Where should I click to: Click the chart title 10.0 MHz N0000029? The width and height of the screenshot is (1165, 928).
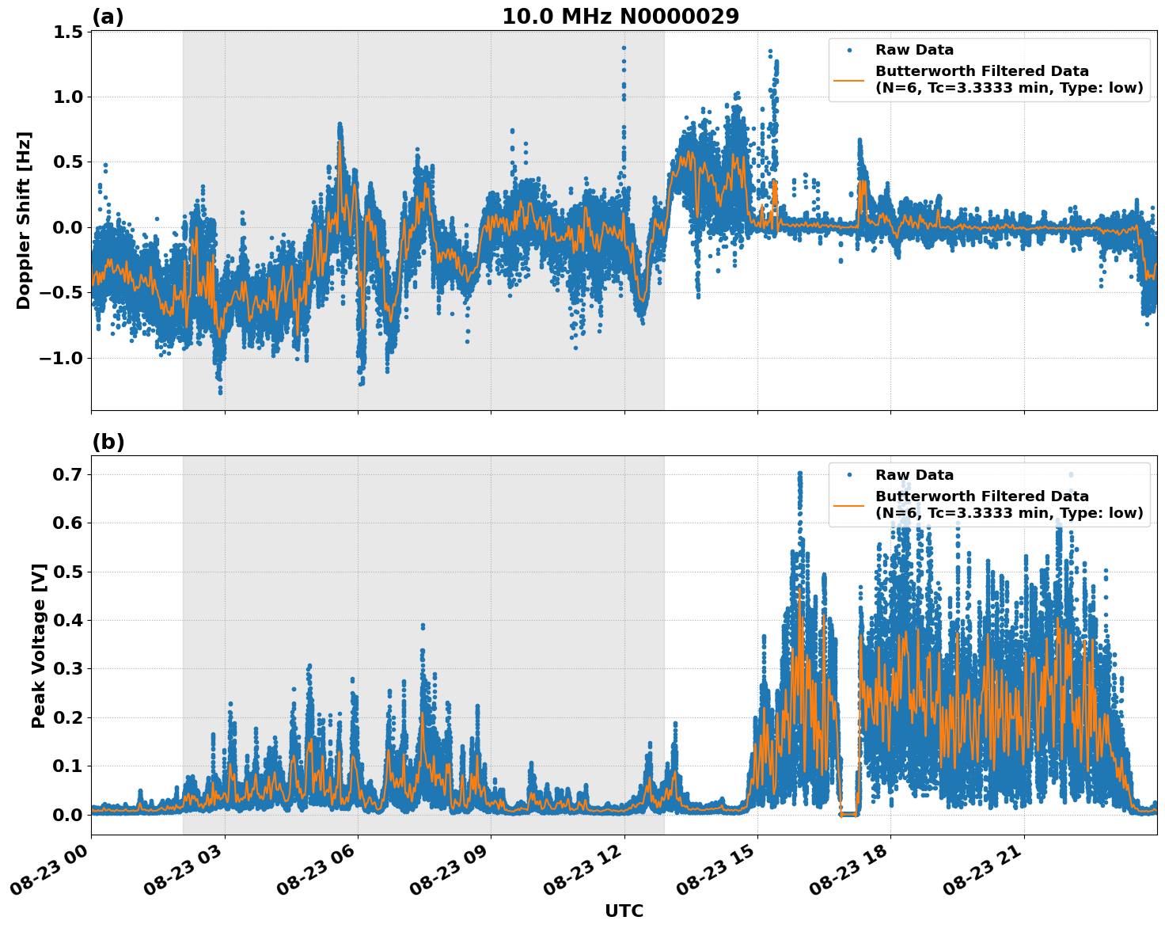(620, 17)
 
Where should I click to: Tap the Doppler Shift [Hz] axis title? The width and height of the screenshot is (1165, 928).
(24, 220)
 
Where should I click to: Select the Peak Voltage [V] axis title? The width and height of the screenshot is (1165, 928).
(39, 645)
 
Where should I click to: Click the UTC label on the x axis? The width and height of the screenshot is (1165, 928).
(624, 911)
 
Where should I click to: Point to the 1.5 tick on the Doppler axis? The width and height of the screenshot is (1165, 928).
(69, 32)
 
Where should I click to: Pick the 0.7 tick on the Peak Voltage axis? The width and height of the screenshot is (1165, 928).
(69, 474)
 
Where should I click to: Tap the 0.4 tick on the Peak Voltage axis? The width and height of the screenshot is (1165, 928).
(69, 620)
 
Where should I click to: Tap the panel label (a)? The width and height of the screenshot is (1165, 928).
(108, 17)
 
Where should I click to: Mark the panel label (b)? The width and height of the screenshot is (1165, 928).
(108, 442)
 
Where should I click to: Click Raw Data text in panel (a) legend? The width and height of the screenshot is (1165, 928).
(914, 50)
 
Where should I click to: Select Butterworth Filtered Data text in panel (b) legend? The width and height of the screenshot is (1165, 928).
(981, 496)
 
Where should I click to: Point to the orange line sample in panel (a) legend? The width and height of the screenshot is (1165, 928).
(849, 79)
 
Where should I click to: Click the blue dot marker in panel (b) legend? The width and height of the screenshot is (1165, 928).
(849, 475)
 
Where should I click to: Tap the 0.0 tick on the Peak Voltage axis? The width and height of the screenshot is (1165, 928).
(69, 814)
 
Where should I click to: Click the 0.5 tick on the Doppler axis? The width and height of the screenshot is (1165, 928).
(69, 162)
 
